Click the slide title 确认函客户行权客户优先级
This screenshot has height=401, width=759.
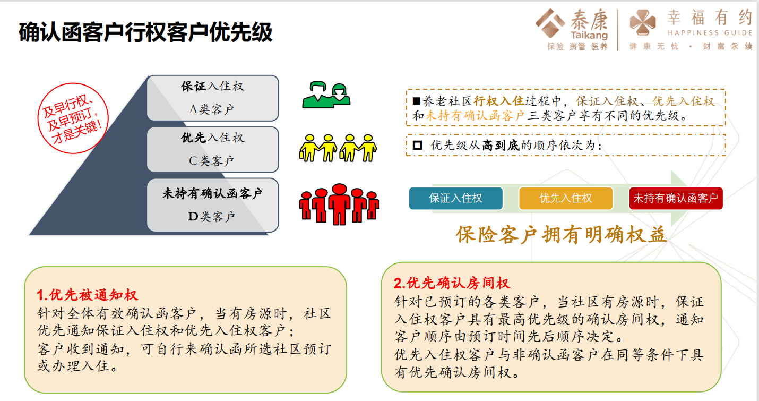pyautogui.click(x=145, y=32)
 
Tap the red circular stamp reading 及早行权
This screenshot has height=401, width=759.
pyautogui.click(x=73, y=118)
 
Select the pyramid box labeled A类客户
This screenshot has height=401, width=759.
pyautogui.click(x=213, y=98)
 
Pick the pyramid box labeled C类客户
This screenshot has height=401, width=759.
pyautogui.click(x=213, y=149)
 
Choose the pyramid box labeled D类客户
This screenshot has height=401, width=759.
pyautogui.click(x=213, y=205)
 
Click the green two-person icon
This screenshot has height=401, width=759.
pyautogui.click(x=326, y=95)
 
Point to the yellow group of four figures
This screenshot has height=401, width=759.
pyautogui.click(x=338, y=148)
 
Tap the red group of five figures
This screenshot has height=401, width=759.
pyautogui.click(x=339, y=204)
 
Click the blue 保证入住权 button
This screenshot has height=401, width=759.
pyautogui.click(x=456, y=198)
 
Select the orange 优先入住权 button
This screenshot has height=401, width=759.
pyautogui.click(x=565, y=198)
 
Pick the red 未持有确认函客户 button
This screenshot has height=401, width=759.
pyautogui.click(x=676, y=198)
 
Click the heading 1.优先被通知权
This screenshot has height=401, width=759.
pyautogui.click(x=87, y=295)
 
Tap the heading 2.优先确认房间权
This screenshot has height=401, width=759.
pyautogui.click(x=452, y=283)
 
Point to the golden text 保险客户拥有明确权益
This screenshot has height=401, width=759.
pyautogui.click(x=561, y=235)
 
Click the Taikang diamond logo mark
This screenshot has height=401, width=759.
pyautogui.click(x=550, y=23)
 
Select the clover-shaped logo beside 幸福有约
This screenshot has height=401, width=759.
pyautogui.click(x=642, y=22)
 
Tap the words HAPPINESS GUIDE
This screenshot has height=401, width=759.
pyautogui.click(x=710, y=33)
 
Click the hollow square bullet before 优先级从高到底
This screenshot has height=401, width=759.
pyautogui.click(x=417, y=146)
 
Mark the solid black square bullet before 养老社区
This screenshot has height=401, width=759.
pyautogui.click(x=417, y=101)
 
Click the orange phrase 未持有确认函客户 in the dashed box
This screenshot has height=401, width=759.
pyautogui.click(x=475, y=116)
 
